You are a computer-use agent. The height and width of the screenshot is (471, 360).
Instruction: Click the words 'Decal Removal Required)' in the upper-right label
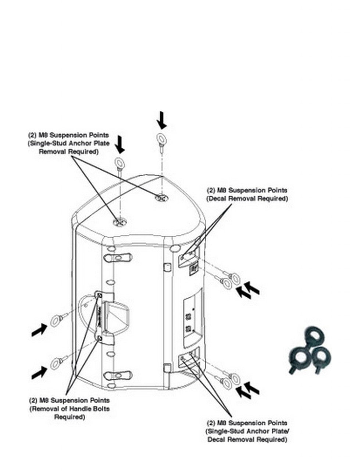pos(247,199)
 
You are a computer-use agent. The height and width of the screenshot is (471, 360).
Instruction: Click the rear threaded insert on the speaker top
pos(161,198)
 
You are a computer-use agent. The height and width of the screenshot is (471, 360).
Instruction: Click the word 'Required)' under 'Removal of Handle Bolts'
pos(69,417)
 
